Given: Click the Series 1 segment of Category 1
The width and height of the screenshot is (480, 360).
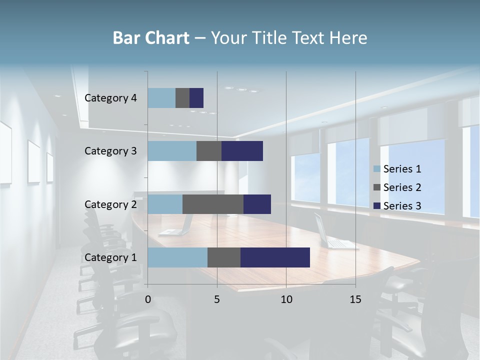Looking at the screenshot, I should [x=177, y=257].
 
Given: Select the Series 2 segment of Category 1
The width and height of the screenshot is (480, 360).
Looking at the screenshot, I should [x=224, y=257].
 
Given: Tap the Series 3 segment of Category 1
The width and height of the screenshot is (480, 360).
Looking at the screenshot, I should [x=275, y=257].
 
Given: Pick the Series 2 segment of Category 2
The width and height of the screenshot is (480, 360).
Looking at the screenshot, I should [x=213, y=204].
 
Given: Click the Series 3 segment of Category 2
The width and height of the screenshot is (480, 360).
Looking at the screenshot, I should [x=257, y=204].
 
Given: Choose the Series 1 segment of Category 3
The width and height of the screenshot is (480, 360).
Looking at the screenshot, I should [x=172, y=151].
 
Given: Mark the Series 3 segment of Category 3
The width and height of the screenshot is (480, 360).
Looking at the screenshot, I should [x=242, y=151].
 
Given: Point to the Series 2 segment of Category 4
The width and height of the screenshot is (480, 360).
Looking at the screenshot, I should [x=182, y=98].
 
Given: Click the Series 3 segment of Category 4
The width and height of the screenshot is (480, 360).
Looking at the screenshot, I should [x=196, y=98].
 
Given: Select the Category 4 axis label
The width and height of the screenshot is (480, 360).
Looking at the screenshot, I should [x=110, y=98].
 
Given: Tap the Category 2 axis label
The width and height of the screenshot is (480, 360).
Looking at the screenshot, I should [x=110, y=204].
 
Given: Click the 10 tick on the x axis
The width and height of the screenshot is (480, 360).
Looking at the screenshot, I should [x=286, y=299].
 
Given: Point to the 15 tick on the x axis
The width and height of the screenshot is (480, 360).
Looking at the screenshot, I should [x=355, y=299].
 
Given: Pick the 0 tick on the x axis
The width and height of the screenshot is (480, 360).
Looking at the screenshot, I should [x=148, y=299].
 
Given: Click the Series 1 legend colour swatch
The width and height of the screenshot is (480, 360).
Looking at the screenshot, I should [x=376, y=169].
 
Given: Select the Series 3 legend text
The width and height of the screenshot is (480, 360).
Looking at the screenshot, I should [x=402, y=206].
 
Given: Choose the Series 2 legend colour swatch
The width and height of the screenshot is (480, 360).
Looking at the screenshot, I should [x=376, y=187].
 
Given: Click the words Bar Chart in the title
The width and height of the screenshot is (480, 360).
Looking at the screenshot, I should [x=151, y=38].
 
